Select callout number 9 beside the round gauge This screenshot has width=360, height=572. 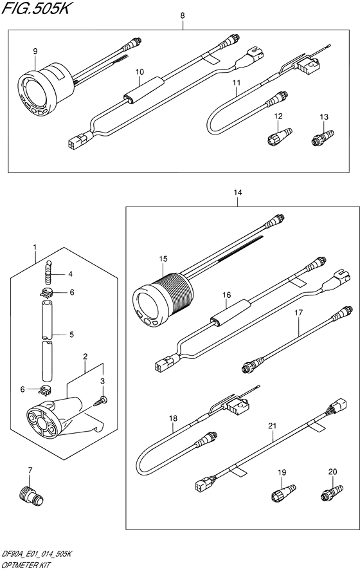35,51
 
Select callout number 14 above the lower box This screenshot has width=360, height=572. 238,192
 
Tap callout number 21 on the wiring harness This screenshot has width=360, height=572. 271,426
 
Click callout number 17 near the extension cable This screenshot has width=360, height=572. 298,313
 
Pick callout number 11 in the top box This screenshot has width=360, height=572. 236,83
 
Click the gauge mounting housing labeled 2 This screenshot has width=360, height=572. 55,414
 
